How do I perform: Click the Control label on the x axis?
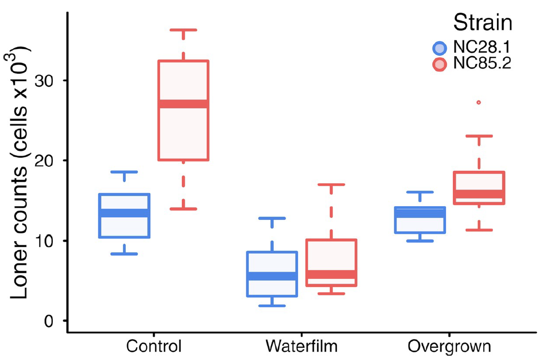pos(154,346)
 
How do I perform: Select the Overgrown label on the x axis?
pos(449,346)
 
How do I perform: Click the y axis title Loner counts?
pos(20,172)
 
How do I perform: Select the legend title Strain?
pos(482,22)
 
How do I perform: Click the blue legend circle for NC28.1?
pos(439,48)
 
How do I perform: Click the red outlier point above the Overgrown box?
pos(479,102)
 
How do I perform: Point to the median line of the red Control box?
pos(184,104)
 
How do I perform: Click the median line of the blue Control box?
pos(124,213)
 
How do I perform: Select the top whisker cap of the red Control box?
pos(184,30)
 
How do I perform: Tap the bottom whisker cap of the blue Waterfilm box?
pos(272,306)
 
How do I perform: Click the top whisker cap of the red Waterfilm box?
pos(331,184)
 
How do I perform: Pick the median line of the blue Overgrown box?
pos(420,213)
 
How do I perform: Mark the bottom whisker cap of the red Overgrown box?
pos(479,230)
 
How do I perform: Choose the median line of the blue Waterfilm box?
pos(272,276)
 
